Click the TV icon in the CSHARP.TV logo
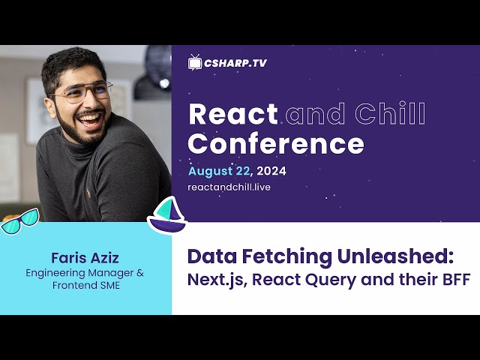click(x=195, y=62)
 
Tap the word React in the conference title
click(x=233, y=114)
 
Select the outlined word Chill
click(x=390, y=113)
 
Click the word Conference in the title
click(x=276, y=143)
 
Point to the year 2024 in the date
click(x=271, y=171)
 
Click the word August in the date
click(x=211, y=172)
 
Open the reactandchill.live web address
click(x=229, y=187)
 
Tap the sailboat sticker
click(x=167, y=215)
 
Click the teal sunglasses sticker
click(x=20, y=220)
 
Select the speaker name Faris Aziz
click(x=85, y=258)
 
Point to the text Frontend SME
click(x=86, y=285)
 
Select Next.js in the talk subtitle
click(x=217, y=280)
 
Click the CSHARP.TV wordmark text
click(x=235, y=63)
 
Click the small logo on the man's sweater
click(x=88, y=193)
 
